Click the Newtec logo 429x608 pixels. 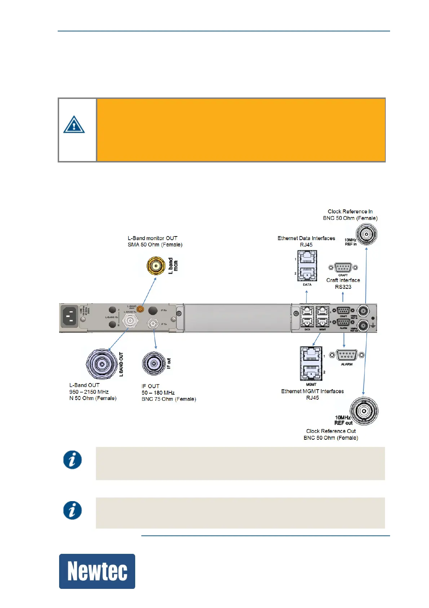[x=97, y=571]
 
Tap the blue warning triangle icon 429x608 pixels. [x=74, y=125]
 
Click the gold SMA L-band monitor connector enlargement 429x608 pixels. [x=156, y=266]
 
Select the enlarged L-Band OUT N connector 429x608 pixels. [x=102, y=364]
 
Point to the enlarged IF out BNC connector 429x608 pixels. [x=154, y=363]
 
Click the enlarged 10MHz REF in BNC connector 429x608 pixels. [x=366, y=234]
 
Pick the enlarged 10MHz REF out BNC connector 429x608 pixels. [x=364, y=411]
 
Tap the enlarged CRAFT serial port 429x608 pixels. [x=343, y=268]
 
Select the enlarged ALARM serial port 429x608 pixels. [x=346, y=355]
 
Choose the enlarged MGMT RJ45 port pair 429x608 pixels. [x=311, y=363]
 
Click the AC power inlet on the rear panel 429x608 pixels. [x=70, y=316]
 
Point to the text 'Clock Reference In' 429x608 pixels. [x=350, y=212]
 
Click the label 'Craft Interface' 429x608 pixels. [x=343, y=280]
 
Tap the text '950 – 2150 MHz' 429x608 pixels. [x=89, y=392]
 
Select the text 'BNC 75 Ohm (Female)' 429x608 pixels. [x=169, y=399]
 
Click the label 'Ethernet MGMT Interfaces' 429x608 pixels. [x=312, y=391]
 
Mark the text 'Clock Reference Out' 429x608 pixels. [x=331, y=431]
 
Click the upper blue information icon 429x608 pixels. [x=72, y=460]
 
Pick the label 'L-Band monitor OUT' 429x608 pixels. [x=152, y=238]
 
